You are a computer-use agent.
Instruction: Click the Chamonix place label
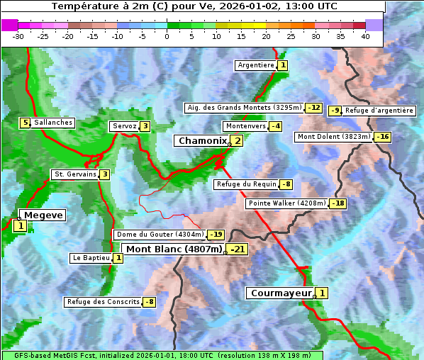[x=202, y=141]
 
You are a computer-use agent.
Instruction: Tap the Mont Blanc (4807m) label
[x=173, y=249]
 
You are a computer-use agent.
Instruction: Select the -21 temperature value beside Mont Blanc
[x=237, y=249]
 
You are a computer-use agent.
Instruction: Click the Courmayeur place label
[x=281, y=293]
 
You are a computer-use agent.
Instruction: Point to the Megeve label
[x=43, y=215]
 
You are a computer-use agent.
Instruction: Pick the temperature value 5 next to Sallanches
[x=26, y=123]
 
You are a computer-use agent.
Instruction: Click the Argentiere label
[x=256, y=65]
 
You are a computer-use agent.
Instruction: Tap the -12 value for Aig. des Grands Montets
[x=313, y=108]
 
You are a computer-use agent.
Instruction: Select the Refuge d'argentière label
[x=379, y=111]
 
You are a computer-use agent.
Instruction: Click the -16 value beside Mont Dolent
[x=382, y=137]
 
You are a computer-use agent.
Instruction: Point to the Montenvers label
[x=245, y=126]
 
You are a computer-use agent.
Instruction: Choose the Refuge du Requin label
[x=245, y=184]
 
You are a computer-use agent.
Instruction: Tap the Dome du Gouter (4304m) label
[x=160, y=235]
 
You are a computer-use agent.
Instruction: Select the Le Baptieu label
[x=91, y=258]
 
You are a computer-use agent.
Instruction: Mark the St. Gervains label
[x=75, y=174]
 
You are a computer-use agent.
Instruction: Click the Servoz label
[x=124, y=126]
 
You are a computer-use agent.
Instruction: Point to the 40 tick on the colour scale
[x=365, y=35]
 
